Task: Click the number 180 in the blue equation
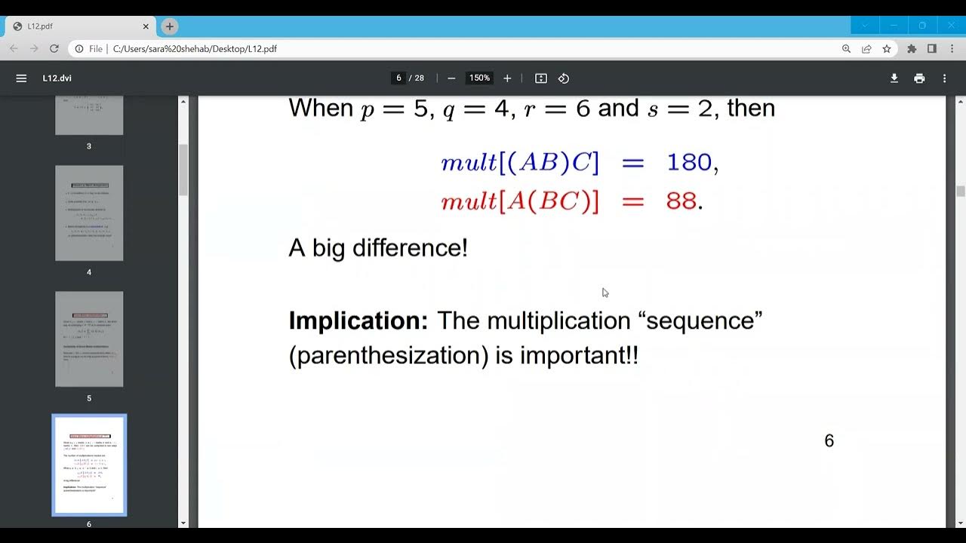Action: [689, 162]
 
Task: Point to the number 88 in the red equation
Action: [681, 201]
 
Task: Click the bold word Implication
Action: [358, 321]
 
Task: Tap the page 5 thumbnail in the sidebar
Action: [89, 339]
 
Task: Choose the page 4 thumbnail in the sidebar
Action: [89, 213]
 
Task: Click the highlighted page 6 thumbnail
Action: [89, 465]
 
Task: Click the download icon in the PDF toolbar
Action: [894, 78]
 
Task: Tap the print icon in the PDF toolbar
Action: [919, 78]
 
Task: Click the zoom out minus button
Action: [451, 78]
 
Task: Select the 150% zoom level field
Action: [479, 78]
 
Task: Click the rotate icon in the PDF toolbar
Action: [564, 78]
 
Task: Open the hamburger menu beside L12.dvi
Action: [21, 78]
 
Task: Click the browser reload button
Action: [54, 49]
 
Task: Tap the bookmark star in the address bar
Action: [887, 49]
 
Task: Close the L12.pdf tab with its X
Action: [146, 26]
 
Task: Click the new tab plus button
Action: [170, 26]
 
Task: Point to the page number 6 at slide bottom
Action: [829, 441]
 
